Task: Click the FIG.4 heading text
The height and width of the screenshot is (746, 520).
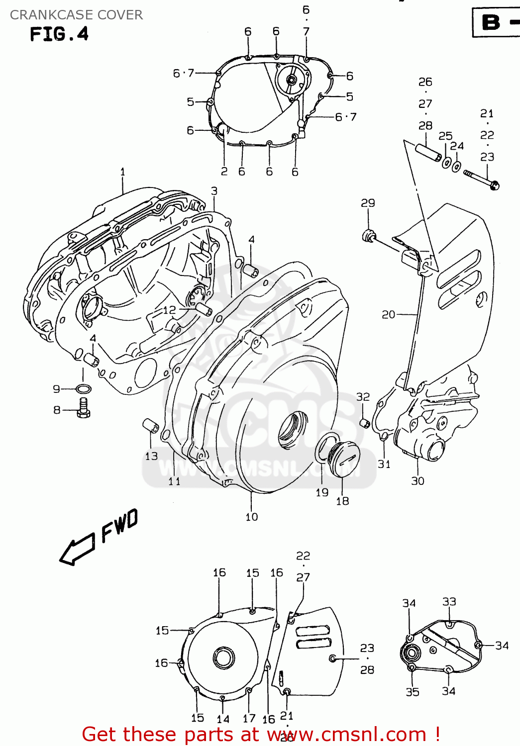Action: click(x=59, y=34)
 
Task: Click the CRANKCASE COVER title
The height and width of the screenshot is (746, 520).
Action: click(x=76, y=15)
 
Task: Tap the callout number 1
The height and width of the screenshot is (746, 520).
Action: click(x=123, y=172)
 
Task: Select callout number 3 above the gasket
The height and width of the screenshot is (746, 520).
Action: click(x=214, y=191)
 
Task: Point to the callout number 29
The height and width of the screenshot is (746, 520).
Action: click(x=368, y=203)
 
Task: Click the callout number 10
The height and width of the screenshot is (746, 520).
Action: click(x=252, y=517)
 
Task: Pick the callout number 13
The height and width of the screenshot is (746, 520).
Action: click(x=151, y=456)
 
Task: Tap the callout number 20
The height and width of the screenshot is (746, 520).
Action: click(x=388, y=314)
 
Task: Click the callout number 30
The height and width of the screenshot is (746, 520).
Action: click(x=417, y=481)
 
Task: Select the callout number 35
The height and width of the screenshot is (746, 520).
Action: click(x=412, y=692)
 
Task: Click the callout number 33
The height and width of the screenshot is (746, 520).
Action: click(x=449, y=602)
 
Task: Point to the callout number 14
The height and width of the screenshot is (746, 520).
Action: click(x=223, y=719)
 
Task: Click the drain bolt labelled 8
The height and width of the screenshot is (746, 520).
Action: click(x=84, y=407)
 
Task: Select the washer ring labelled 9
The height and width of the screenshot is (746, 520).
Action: click(x=84, y=389)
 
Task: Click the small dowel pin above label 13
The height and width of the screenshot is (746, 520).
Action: click(x=150, y=426)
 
